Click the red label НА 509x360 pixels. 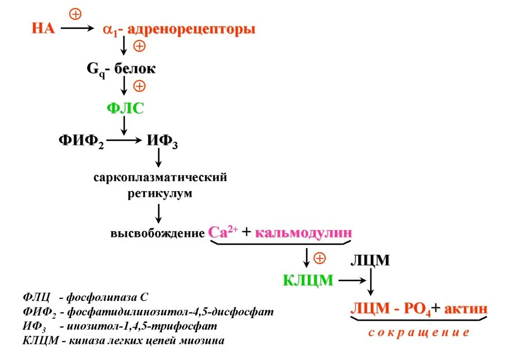click(x=43, y=28)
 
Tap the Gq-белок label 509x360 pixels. click(x=121, y=69)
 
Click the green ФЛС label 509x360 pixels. click(x=125, y=109)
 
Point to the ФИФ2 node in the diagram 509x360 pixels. click(x=81, y=141)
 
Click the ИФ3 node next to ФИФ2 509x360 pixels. click(x=162, y=141)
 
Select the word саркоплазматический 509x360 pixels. click(x=160, y=177)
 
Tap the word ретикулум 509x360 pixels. click(x=160, y=193)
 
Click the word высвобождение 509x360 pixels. click(x=157, y=233)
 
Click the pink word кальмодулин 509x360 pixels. click(x=304, y=232)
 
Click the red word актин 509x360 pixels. click(x=465, y=308)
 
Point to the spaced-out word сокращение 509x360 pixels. click(x=418, y=333)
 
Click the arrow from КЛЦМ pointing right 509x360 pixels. click(x=350, y=280)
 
